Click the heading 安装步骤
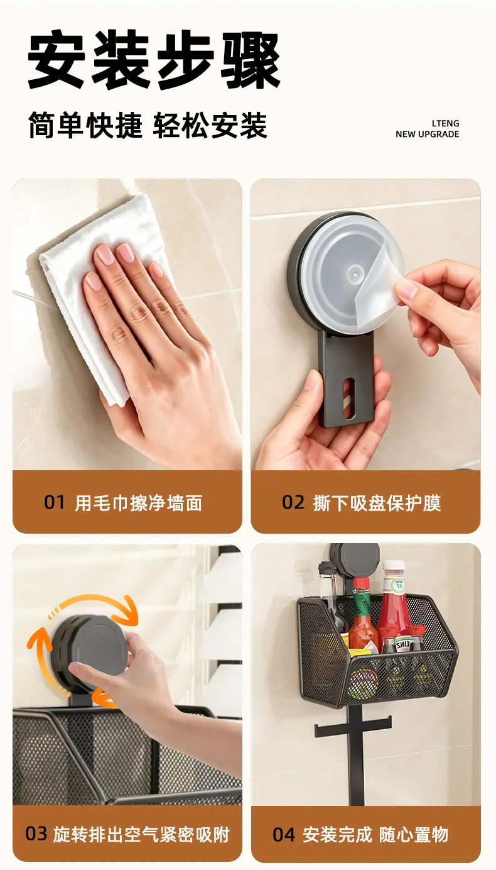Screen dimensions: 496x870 (x=154, y=60)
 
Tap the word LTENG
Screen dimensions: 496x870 (x=445, y=123)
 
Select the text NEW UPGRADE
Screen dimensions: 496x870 (x=428, y=134)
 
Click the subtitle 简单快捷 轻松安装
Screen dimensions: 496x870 (x=148, y=126)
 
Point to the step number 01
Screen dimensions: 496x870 (x=54, y=502)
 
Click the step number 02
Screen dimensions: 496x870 (x=293, y=502)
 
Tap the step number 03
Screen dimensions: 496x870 (x=36, y=834)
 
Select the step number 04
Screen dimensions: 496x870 (x=284, y=835)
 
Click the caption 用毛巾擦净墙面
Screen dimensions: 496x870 (x=139, y=503)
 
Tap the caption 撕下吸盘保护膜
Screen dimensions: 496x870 (x=377, y=503)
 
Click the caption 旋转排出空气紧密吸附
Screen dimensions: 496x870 (x=141, y=835)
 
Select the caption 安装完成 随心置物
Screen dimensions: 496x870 (x=375, y=835)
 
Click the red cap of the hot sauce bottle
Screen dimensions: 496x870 (x=361, y=585)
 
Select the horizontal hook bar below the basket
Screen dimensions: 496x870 (x=352, y=731)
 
